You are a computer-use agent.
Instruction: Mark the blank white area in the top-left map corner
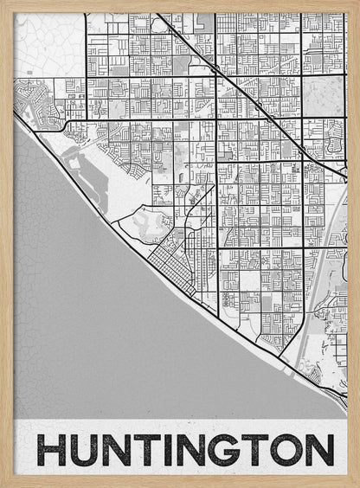[48, 43]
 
